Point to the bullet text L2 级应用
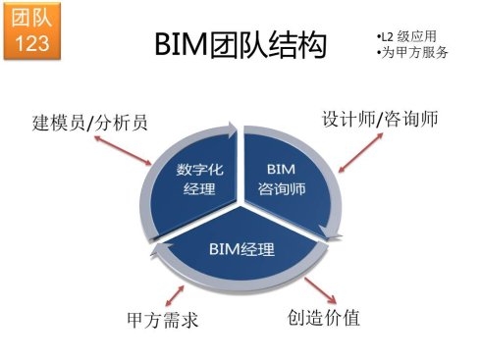tap(404, 36)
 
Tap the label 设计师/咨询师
tap(380, 119)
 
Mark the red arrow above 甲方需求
tap(177, 291)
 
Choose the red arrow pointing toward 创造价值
tap(318, 289)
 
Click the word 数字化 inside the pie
tap(198, 168)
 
